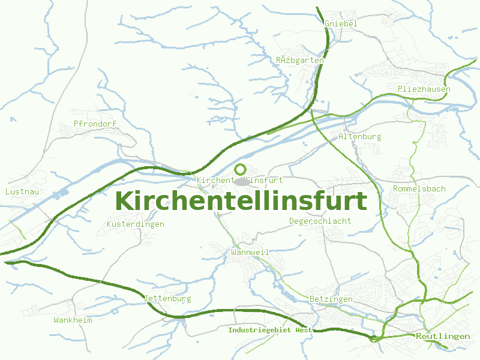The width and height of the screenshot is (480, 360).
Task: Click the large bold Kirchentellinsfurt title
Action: pos(240,201)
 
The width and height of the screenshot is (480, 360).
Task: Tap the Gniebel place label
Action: pos(340,23)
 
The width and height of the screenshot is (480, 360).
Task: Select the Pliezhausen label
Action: pos(424,89)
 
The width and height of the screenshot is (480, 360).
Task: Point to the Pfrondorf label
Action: pos(94,124)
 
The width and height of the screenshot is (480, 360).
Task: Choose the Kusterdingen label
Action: pos(135,224)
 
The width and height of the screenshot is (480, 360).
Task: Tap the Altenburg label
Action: pos(359,137)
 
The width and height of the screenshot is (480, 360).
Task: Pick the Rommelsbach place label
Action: pos(419,189)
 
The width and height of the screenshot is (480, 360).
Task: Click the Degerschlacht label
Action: pos(320,221)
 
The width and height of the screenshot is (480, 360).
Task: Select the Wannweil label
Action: pos(250,253)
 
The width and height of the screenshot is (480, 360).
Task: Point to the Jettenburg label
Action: pos(167,299)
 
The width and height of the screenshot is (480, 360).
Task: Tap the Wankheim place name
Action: pos(73,320)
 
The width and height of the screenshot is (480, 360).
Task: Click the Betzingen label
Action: pos(331,299)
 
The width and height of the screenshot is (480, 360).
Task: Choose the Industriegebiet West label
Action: pos(270,330)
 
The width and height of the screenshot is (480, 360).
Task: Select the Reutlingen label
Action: pos(443,337)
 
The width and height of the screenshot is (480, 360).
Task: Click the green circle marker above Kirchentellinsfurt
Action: pos(241,169)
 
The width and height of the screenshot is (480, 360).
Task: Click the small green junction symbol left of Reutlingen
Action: pos(374,339)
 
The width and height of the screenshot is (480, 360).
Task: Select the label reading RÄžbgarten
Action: pos(300,61)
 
